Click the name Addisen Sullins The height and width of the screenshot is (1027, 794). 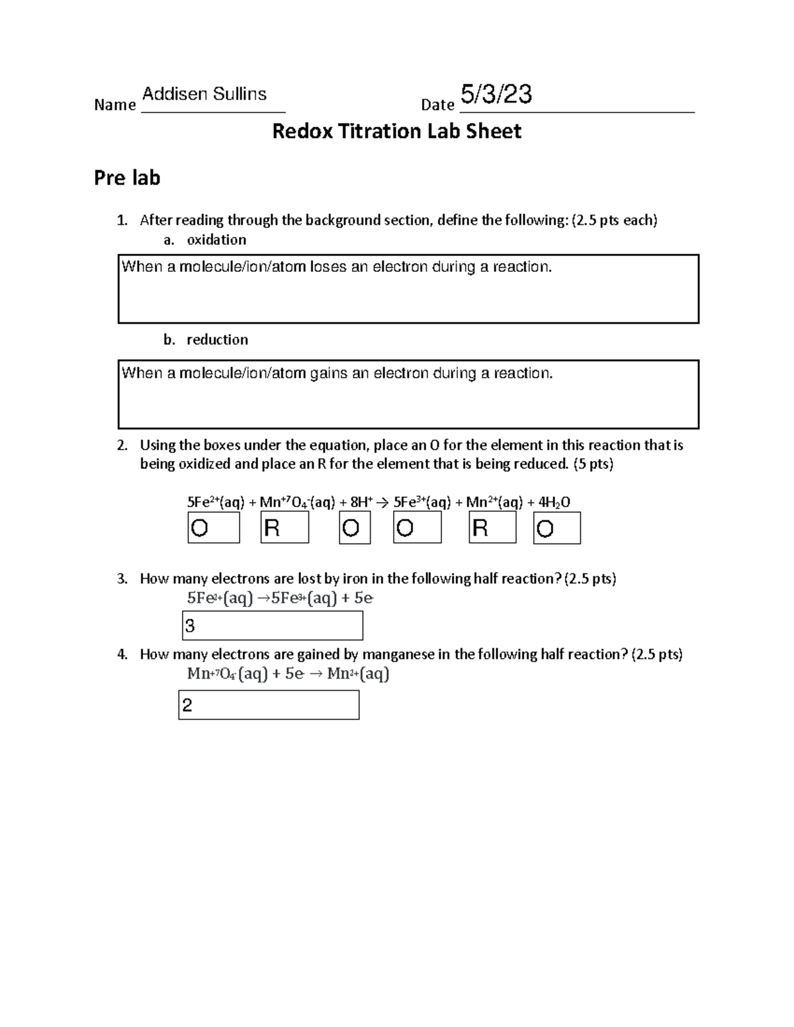tap(204, 95)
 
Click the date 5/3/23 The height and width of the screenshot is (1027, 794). tap(496, 95)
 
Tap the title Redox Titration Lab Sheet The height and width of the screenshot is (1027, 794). tap(396, 132)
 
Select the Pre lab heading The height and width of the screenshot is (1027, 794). tap(127, 178)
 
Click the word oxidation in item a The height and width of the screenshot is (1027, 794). tap(216, 240)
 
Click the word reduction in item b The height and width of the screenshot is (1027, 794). tap(217, 340)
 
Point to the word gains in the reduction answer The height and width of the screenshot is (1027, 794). tap(329, 374)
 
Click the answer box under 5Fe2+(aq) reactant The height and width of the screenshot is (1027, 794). tap(214, 528)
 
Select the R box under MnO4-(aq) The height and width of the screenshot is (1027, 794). tap(285, 528)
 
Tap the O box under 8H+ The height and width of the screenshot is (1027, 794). tap(355, 528)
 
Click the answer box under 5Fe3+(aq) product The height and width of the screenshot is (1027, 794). tap(417, 528)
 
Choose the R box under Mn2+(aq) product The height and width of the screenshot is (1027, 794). tap(492, 528)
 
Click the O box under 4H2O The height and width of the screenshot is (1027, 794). tap(556, 529)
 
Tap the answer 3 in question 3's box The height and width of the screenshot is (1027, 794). tap(191, 626)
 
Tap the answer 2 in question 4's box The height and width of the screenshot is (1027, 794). tap(187, 706)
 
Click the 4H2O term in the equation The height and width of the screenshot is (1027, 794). tap(554, 503)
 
